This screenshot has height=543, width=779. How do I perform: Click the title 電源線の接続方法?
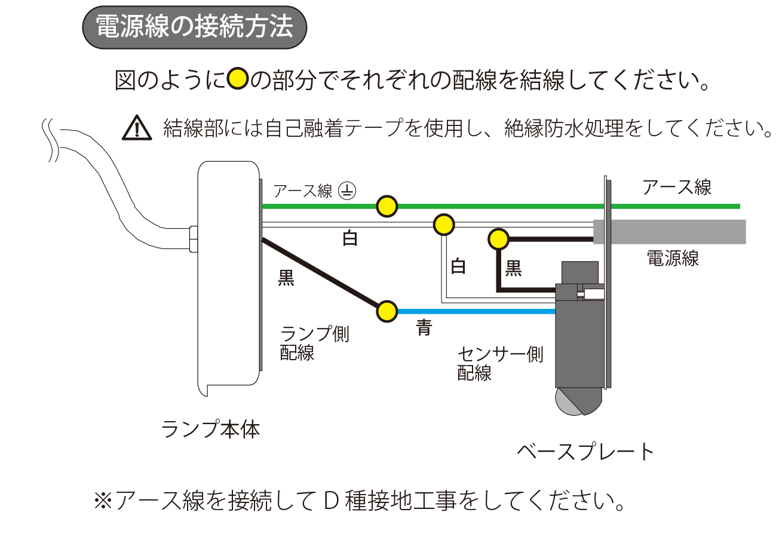click(x=194, y=27)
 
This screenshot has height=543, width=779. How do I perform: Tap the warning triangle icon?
click(x=137, y=128)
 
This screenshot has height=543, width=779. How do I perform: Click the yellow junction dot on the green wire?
click(x=387, y=206)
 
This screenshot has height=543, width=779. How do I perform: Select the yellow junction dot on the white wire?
click(x=443, y=225)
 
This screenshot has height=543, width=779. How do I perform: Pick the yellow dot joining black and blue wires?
click(x=387, y=311)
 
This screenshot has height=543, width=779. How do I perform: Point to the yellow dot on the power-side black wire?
click(x=498, y=239)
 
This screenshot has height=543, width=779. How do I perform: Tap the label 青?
click(x=424, y=327)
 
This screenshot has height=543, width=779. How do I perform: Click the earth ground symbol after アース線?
click(x=347, y=191)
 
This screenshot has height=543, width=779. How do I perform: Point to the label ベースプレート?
click(x=586, y=452)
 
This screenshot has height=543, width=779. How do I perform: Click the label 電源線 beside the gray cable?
click(x=673, y=259)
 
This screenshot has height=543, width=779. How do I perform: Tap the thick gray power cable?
click(x=675, y=232)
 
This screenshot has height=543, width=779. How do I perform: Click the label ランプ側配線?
click(x=314, y=343)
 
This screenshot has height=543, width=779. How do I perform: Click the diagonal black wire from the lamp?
click(x=323, y=275)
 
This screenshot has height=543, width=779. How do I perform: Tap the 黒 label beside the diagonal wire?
click(x=286, y=278)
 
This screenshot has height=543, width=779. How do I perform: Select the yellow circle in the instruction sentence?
click(x=238, y=79)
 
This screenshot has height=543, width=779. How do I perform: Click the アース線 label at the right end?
click(x=676, y=188)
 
